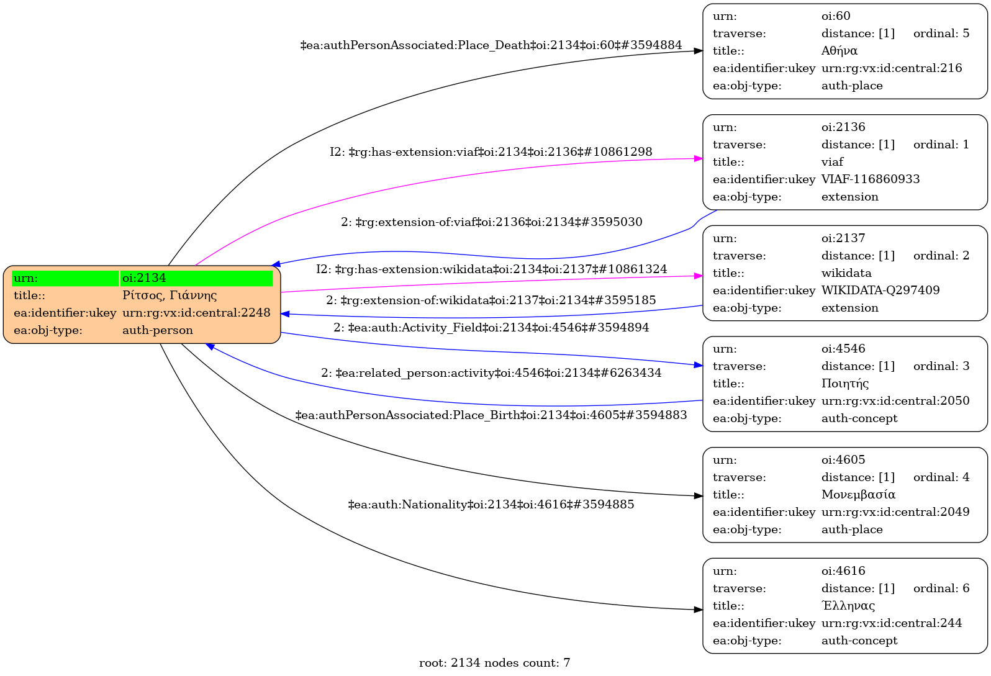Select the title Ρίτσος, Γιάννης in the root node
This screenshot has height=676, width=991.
point(170,295)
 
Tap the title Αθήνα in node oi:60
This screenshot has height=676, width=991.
point(839,51)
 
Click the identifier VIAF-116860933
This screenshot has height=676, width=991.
point(871,179)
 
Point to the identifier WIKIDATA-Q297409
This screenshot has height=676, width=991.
point(880,291)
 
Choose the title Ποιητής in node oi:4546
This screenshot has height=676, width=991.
point(845,384)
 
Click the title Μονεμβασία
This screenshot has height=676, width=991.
point(858,495)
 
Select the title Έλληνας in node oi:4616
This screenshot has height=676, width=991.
point(848,606)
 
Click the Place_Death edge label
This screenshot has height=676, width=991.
point(491,45)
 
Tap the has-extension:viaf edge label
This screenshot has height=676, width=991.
point(491,152)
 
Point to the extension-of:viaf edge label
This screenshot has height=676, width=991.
point(491,222)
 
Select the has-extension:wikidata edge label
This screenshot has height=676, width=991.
point(491,269)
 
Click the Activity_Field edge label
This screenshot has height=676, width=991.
point(491,328)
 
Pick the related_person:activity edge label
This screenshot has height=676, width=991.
point(491,373)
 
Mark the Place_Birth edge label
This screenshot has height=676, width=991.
point(491,415)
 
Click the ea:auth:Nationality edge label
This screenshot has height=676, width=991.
point(491,505)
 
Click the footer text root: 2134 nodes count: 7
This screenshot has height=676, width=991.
point(494,663)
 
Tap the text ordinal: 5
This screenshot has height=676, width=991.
point(941,34)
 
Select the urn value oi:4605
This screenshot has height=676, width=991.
point(843,460)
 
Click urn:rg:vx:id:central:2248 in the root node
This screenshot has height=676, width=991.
point(196,313)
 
